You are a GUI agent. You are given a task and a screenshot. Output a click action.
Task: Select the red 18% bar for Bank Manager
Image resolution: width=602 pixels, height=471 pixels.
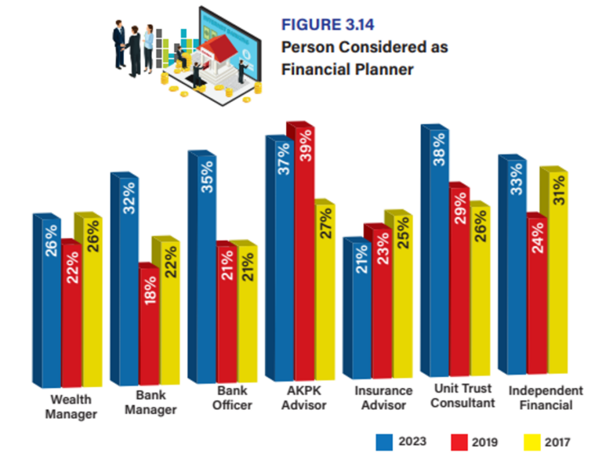tap(149, 329)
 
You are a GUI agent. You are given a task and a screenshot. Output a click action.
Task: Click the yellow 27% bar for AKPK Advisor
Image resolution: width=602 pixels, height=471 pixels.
tap(324, 298)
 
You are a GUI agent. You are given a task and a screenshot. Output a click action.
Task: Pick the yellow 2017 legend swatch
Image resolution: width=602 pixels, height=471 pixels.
tap(531, 441)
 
